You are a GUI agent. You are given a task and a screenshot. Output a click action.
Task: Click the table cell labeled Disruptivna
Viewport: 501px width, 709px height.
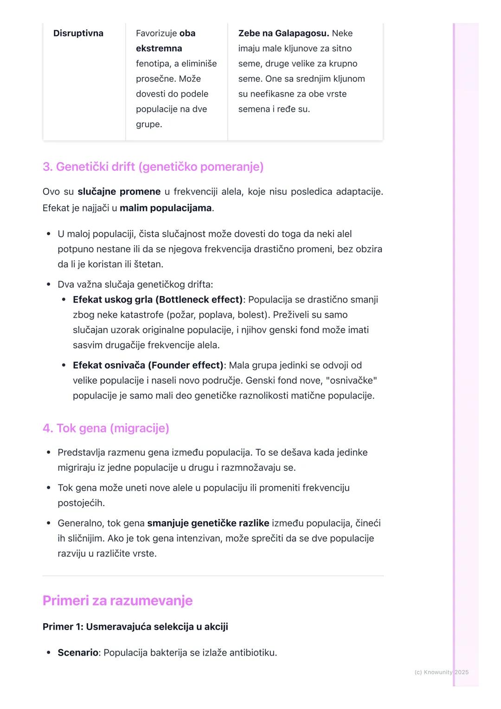click(78, 33)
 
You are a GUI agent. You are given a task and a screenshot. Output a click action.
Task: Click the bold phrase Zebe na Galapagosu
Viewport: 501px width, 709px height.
click(283, 33)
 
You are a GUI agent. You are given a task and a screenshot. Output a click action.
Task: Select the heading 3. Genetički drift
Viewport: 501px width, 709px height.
click(153, 167)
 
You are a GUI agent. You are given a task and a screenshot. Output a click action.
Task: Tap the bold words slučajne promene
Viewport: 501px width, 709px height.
click(119, 192)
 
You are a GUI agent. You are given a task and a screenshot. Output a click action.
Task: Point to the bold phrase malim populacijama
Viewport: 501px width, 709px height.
click(166, 208)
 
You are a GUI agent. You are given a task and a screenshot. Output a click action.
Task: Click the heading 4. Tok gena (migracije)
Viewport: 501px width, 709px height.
click(106, 428)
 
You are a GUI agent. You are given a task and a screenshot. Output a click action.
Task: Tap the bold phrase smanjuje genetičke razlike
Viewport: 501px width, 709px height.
click(208, 523)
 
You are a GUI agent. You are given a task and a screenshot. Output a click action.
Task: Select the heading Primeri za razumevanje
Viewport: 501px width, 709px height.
click(117, 600)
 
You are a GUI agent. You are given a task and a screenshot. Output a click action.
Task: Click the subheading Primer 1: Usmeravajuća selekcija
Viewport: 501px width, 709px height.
click(135, 627)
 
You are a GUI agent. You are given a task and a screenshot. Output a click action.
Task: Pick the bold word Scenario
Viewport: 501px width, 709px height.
click(77, 653)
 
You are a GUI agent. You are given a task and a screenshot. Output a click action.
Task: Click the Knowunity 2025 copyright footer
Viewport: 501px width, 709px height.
click(441, 672)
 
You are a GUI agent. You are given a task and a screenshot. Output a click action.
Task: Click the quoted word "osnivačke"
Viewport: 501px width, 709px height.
click(351, 381)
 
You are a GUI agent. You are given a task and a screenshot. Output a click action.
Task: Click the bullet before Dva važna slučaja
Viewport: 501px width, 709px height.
click(48, 284)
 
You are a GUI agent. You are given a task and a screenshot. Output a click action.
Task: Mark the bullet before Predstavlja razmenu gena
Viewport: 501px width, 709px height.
click(48, 452)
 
